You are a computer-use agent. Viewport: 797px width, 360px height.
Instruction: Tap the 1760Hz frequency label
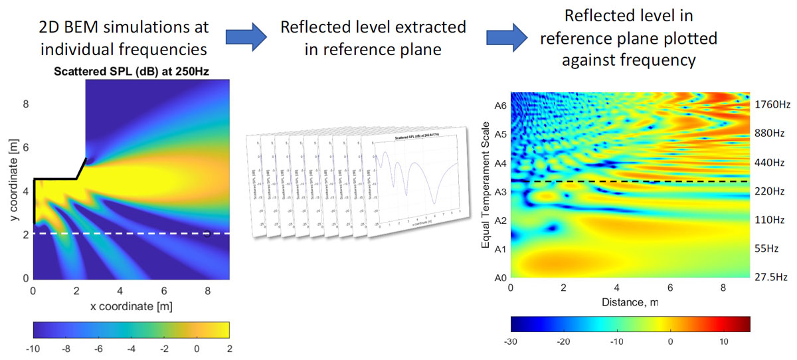point(772,104)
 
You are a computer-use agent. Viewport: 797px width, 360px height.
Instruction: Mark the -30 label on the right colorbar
point(511,341)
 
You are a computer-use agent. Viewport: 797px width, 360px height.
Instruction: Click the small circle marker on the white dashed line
point(207,234)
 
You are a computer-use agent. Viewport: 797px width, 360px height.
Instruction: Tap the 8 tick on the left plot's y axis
point(26,104)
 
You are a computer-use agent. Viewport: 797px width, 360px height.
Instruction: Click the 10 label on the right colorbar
point(724,341)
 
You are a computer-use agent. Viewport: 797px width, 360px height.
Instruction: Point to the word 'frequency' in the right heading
point(660,60)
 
